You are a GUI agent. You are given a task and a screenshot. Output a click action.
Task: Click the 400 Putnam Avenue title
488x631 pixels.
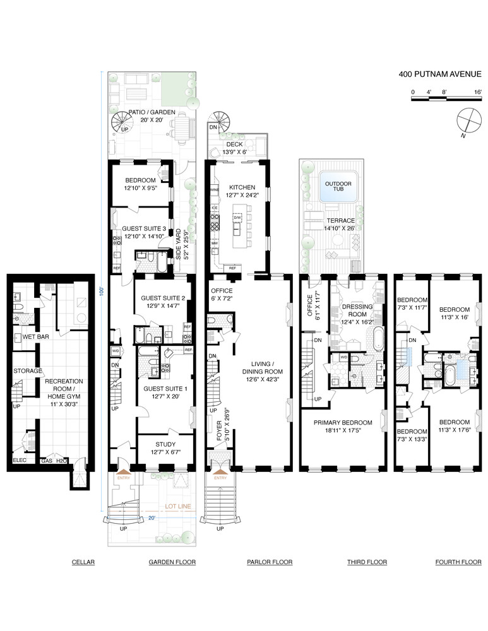click(439, 74)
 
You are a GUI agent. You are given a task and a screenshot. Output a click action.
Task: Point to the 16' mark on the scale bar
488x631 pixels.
click(477, 92)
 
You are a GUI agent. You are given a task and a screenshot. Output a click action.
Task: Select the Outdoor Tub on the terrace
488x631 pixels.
click(338, 186)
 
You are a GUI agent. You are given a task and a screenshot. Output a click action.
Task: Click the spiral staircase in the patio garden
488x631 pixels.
click(123, 121)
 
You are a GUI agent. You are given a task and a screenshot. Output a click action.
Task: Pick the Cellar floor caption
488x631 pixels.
click(83, 562)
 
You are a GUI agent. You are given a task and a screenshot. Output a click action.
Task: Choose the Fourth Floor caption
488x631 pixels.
click(458, 562)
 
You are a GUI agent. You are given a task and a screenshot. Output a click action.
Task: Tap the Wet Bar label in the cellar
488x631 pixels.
click(35, 336)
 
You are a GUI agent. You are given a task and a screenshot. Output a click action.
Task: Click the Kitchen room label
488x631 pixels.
click(242, 187)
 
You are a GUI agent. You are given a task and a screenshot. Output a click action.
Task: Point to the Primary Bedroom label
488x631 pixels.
click(343, 423)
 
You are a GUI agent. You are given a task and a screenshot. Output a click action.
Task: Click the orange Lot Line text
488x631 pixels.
click(178, 506)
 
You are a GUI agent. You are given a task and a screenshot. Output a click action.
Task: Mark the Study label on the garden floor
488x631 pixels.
click(165, 444)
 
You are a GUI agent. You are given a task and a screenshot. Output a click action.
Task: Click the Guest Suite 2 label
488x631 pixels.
click(163, 298)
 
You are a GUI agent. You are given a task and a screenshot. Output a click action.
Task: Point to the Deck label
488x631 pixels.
click(234, 144)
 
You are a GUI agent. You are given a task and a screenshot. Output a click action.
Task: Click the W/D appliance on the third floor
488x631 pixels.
click(344, 357)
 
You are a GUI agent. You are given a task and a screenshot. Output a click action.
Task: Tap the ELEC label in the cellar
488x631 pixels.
click(20, 460)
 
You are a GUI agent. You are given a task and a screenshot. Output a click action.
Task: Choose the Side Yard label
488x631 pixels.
click(179, 244)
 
